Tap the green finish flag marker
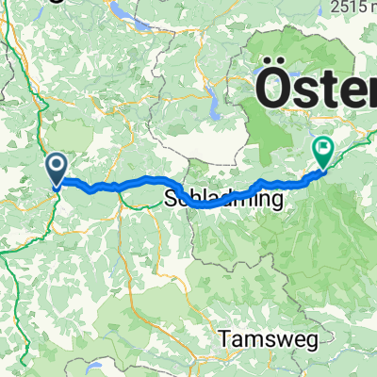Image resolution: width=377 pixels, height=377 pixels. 323,149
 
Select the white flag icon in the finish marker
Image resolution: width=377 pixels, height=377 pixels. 324,146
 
